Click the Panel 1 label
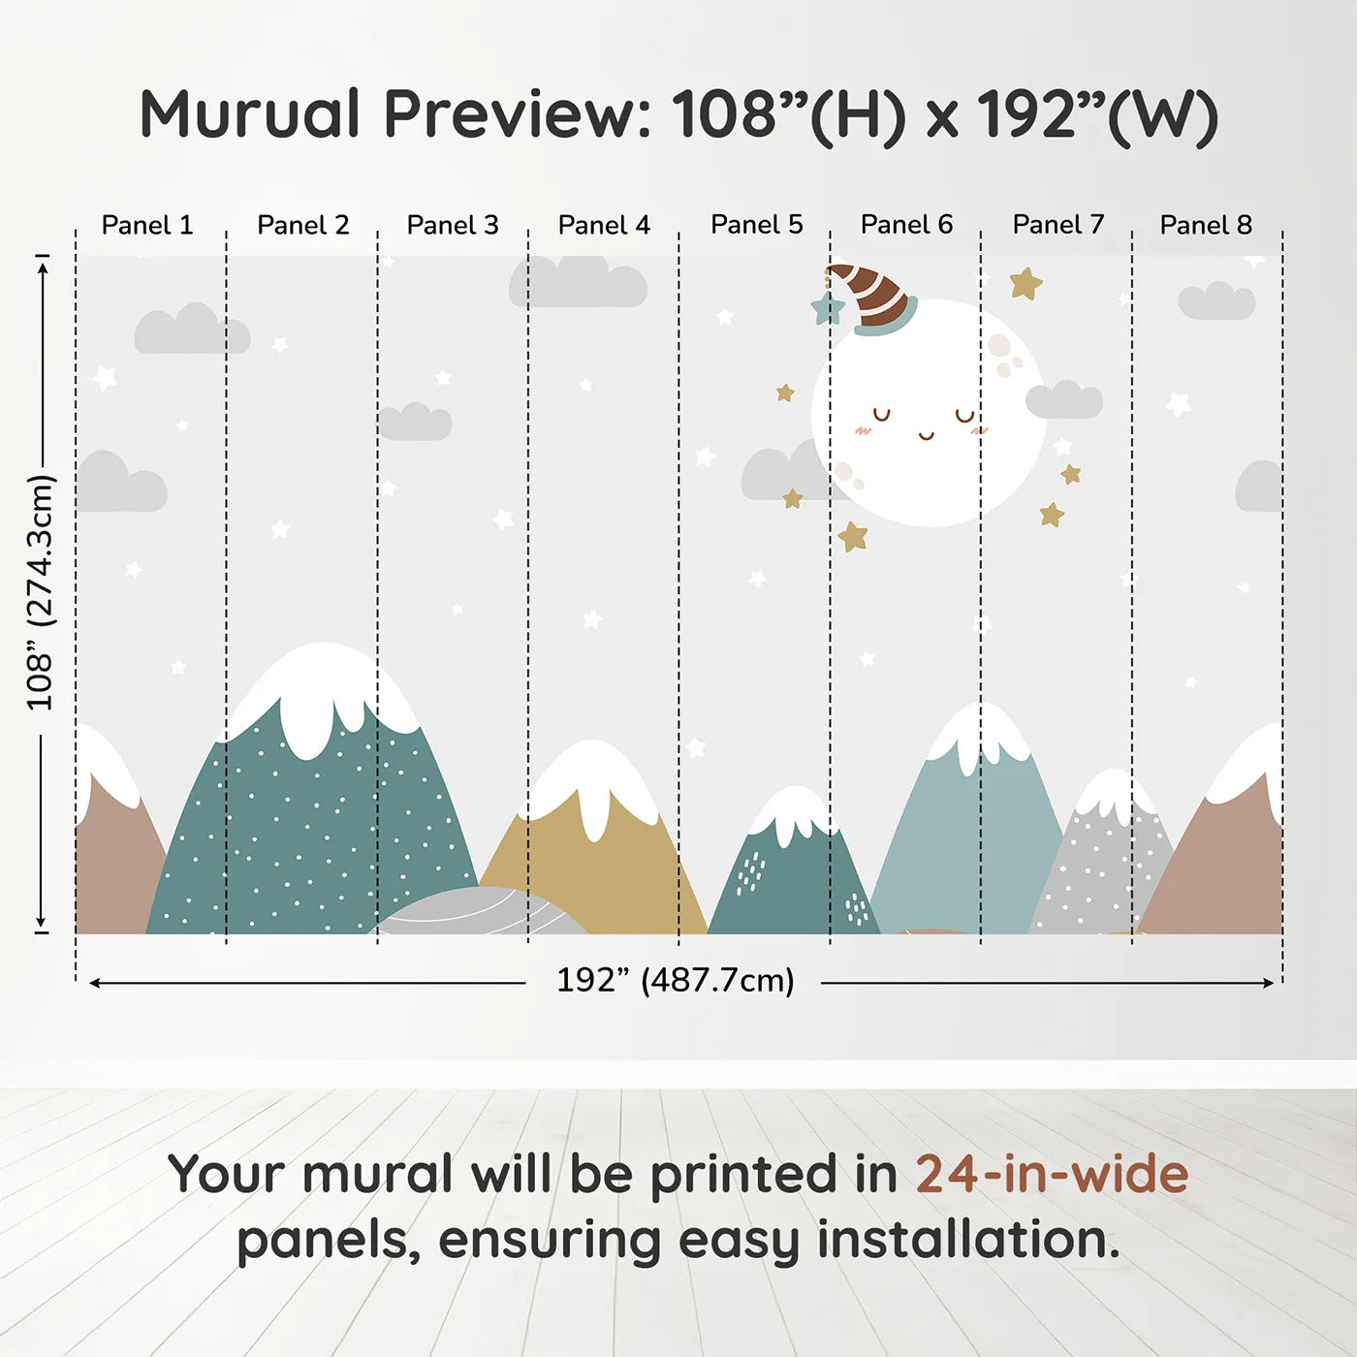pyautogui.click(x=147, y=225)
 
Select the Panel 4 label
pyautogui.click(x=604, y=225)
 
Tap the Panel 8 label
pyautogui.click(x=1206, y=225)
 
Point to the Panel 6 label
pyautogui.click(x=906, y=225)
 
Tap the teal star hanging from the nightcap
pyautogui.click(x=828, y=309)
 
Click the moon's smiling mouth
pyautogui.click(x=927, y=435)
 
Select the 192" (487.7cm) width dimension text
pyautogui.click(x=675, y=981)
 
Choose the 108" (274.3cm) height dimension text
pyautogui.click(x=41, y=592)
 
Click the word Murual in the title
pyautogui.click(x=250, y=114)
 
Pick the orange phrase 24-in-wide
pyautogui.click(x=1052, y=1174)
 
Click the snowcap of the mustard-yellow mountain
pyautogui.click(x=593, y=779)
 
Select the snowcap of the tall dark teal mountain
pyautogui.click(x=320, y=688)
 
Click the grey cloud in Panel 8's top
pyautogui.click(x=1216, y=301)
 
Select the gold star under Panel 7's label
pyautogui.click(x=1026, y=283)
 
